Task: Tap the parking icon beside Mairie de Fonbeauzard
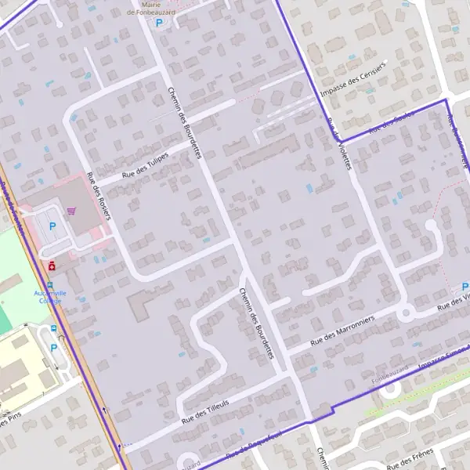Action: point(159,23)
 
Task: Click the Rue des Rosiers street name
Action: point(99,197)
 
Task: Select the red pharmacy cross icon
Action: point(52,266)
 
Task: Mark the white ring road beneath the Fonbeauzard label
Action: point(390,389)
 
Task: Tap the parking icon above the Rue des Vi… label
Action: point(465,287)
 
